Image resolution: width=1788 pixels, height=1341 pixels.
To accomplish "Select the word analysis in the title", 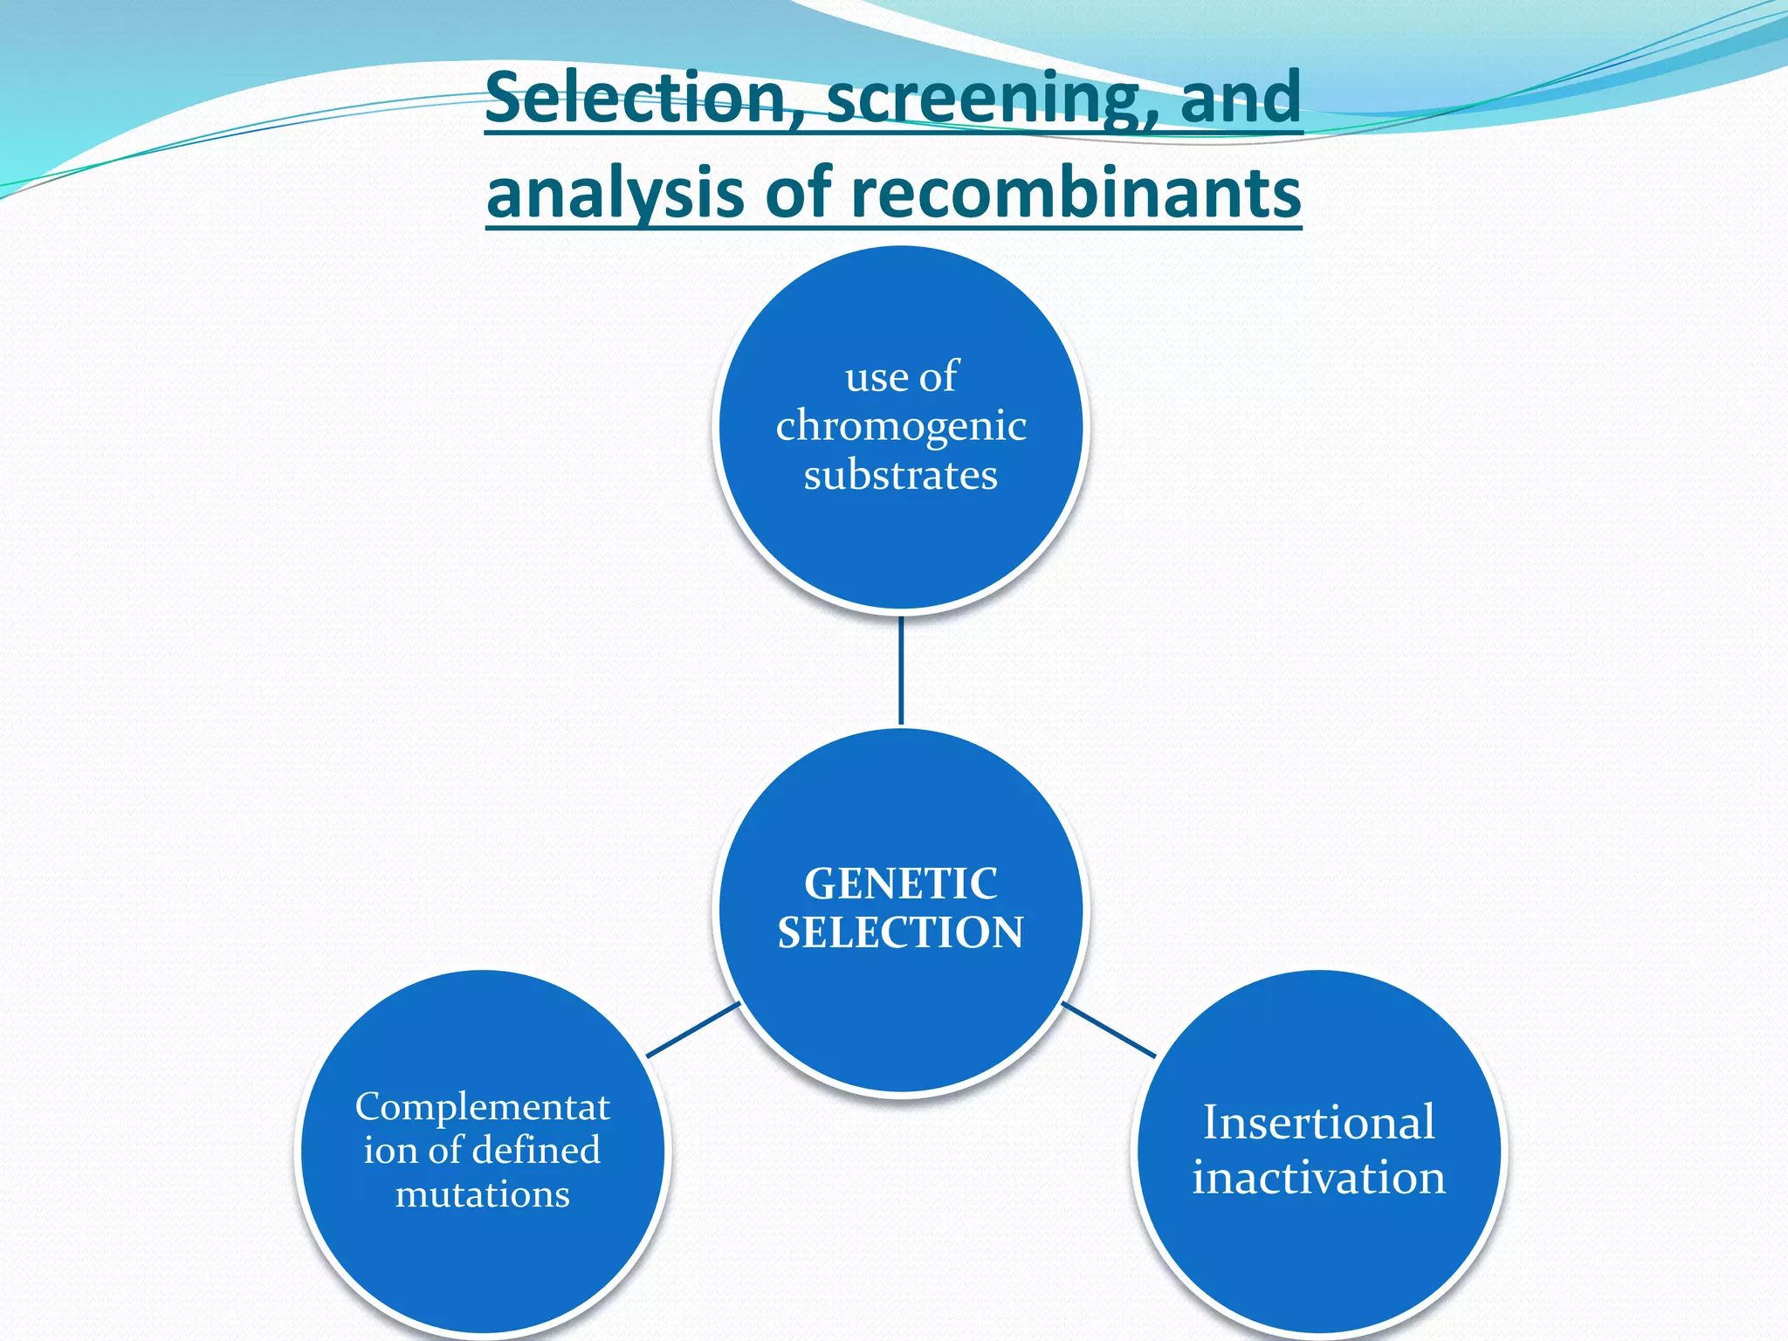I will (615, 194).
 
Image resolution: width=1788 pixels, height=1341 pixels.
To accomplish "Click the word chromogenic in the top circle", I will (901, 426).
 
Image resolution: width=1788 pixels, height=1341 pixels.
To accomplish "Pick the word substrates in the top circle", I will (901, 476).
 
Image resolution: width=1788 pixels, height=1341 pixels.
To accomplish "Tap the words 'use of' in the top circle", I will (901, 377).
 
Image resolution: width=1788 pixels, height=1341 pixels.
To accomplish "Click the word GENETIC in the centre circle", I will (901, 884).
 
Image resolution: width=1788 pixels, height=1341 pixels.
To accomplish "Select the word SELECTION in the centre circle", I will (901, 932).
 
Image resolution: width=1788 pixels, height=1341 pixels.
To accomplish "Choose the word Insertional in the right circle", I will (1318, 1123).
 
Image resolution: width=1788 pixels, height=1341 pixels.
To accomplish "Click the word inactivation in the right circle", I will (1318, 1178).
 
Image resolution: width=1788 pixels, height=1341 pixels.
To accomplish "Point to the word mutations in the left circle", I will (483, 1194).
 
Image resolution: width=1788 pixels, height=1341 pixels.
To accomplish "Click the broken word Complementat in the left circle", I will (483, 1107).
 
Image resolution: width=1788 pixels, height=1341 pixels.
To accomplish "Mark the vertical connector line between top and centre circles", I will (901, 670).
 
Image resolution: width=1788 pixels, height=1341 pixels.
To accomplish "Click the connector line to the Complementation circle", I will (693, 1030).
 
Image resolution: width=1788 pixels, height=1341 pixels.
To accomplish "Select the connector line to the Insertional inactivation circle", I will (1109, 1030).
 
